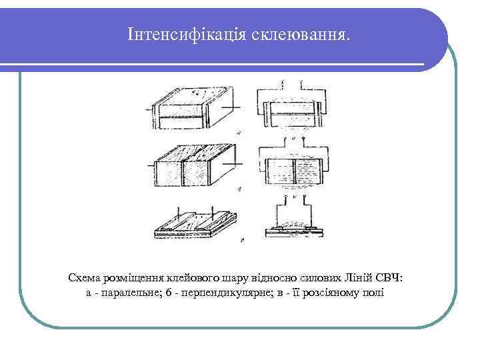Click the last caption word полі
tap(372, 293)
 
